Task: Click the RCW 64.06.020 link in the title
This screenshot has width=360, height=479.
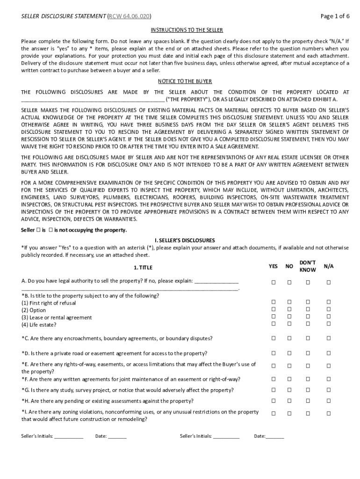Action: [x=130, y=16]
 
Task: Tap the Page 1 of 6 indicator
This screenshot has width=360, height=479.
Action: [x=335, y=16]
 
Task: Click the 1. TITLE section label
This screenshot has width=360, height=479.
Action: [x=143, y=268]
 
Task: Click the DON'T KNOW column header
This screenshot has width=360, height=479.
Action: [x=308, y=266]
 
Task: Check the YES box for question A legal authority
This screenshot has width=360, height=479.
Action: [x=274, y=282]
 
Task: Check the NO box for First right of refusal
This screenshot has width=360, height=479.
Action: [x=289, y=303]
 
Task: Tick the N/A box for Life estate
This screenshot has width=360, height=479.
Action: [x=329, y=324]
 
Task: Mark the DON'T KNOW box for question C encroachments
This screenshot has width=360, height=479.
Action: [x=308, y=338]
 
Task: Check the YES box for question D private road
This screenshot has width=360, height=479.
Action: [x=274, y=353]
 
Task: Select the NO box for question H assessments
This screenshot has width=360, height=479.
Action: [x=289, y=400]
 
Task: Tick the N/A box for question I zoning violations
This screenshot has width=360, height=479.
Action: [x=329, y=414]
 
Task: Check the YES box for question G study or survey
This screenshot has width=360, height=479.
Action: [x=274, y=390]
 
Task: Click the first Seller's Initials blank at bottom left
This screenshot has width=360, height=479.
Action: [x=69, y=436]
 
